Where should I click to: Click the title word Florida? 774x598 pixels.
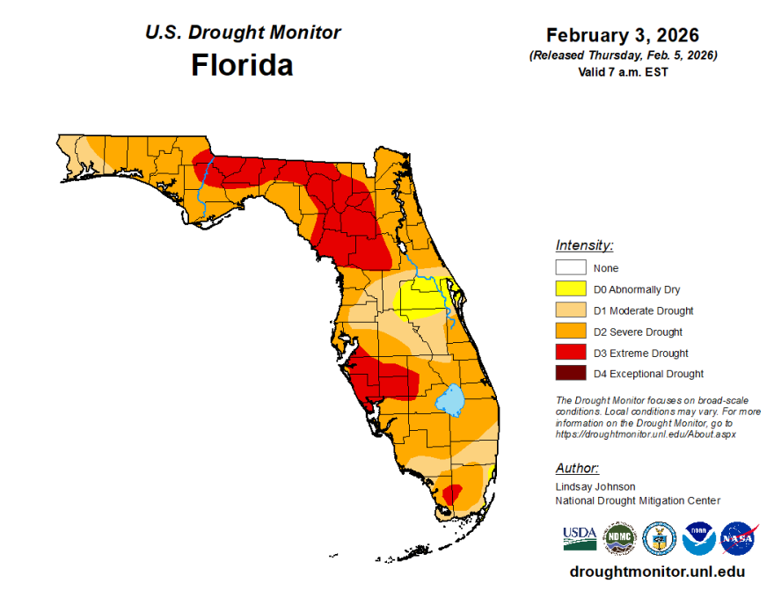coord(242,65)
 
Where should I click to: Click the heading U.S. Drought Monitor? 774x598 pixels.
coord(243,33)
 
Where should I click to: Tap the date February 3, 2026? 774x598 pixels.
coord(623,35)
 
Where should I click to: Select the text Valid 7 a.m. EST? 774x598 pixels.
coord(623,72)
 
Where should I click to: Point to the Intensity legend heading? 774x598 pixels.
coord(584,245)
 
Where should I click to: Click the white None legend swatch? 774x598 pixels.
coord(570,268)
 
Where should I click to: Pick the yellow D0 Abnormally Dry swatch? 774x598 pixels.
coord(570,289)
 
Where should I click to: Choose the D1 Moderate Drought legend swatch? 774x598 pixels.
coord(570,310)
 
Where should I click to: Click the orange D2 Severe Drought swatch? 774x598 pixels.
coord(570,332)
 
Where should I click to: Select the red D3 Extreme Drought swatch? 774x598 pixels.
coord(570,353)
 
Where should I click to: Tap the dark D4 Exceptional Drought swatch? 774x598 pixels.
coord(570,374)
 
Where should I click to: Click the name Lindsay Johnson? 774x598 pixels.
coord(595,486)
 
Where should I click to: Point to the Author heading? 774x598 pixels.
coord(577,468)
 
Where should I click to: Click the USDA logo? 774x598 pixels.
coord(580,537)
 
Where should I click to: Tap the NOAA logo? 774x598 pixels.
coord(698,538)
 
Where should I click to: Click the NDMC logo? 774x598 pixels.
coord(619,538)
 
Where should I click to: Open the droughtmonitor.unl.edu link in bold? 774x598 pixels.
coord(658,572)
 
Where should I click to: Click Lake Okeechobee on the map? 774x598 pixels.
coord(451,401)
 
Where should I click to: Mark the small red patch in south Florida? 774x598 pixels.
coord(451,494)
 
